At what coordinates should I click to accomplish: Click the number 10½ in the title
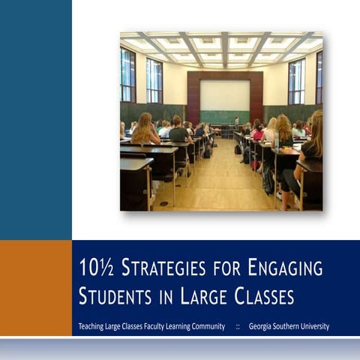92,268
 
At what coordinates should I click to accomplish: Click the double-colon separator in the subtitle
238,326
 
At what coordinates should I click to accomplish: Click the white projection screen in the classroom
224,95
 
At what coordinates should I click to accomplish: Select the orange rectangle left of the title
35,287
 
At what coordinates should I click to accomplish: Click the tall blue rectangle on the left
35,120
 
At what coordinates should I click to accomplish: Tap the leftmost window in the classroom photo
127,75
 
